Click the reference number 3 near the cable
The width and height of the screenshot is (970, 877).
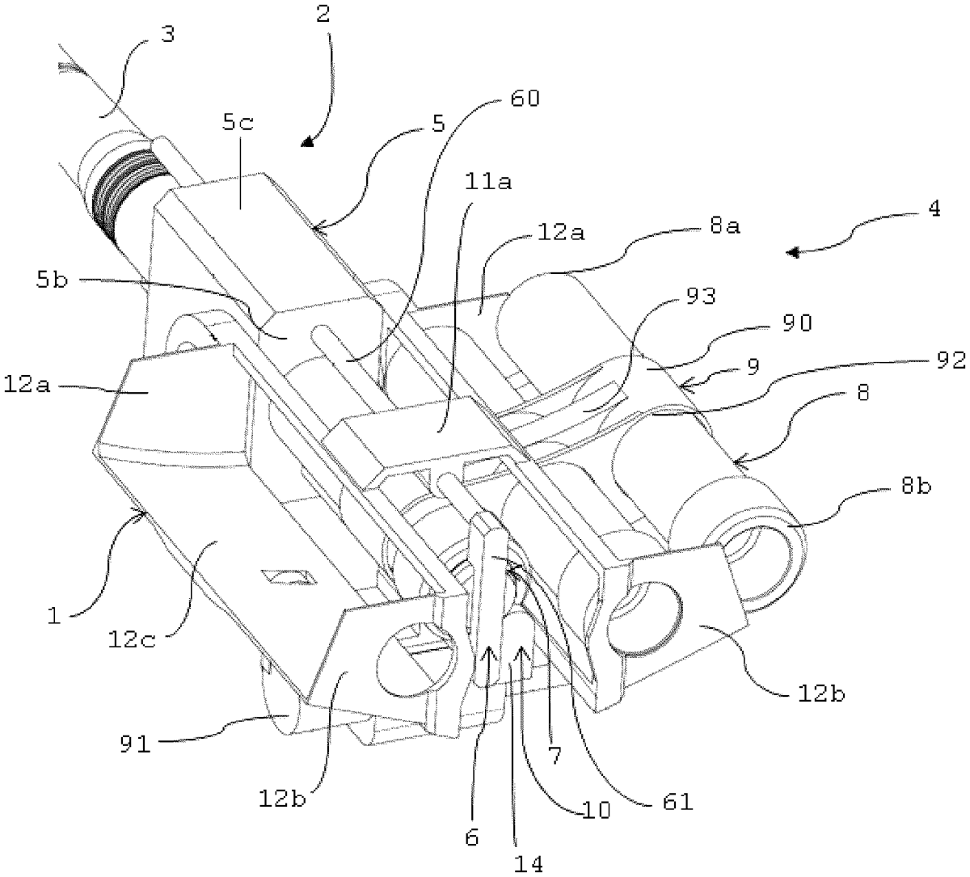pyautogui.click(x=168, y=35)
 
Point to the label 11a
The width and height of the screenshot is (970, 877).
pyautogui.click(x=488, y=182)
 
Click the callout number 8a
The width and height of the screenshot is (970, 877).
pyautogui.click(x=725, y=226)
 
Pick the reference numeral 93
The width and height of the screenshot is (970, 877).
pyautogui.click(x=700, y=296)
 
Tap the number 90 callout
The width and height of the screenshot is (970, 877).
pyautogui.click(x=797, y=323)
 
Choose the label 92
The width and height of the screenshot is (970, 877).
pyautogui.click(x=950, y=360)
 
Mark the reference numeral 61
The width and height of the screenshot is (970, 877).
pyautogui.click(x=677, y=802)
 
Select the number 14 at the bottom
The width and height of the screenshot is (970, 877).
pyautogui.click(x=528, y=864)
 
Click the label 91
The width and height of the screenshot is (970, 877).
pyautogui.click(x=135, y=744)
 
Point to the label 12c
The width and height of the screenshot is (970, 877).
pyautogui.click(x=132, y=640)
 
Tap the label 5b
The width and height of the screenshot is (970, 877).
pyautogui.click(x=52, y=280)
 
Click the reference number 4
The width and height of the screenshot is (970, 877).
pyautogui.click(x=934, y=209)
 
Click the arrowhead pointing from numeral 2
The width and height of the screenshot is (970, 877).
pyautogui.click(x=306, y=141)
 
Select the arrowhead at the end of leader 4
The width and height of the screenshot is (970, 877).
pyautogui.click(x=793, y=252)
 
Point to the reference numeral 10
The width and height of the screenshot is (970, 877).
pyautogui.click(x=596, y=809)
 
